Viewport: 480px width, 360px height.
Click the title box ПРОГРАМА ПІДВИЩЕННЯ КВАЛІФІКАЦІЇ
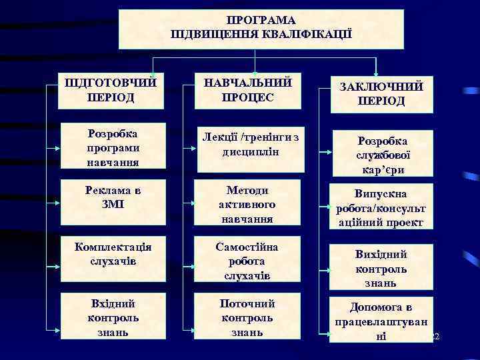(x=261, y=29)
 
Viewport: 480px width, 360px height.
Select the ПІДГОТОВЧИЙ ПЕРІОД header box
(x=111, y=90)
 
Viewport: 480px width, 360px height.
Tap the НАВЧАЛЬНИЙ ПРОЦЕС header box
(x=248, y=90)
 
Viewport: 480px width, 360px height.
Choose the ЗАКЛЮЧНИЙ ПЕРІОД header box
(x=381, y=93)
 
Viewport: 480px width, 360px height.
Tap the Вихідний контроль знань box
(x=381, y=268)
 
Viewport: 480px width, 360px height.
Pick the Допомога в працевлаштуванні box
(x=381, y=321)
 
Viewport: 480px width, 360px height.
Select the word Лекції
(x=222, y=138)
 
